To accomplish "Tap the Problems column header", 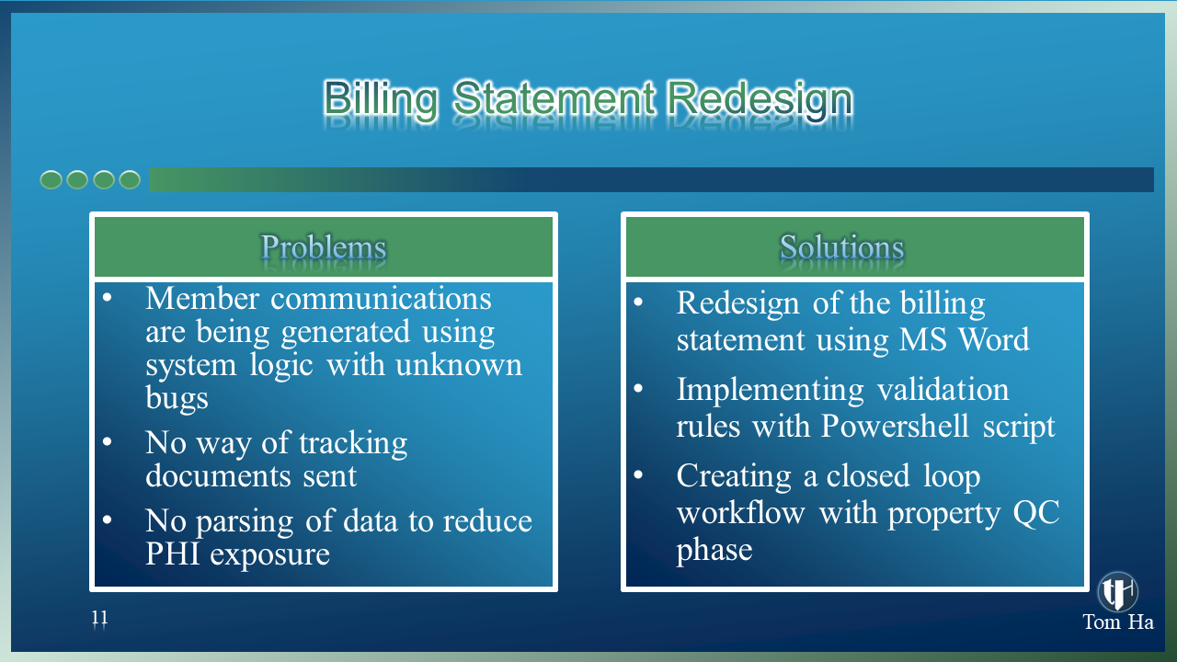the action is (x=324, y=247).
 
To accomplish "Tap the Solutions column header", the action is (x=841, y=247).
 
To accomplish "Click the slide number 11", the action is (x=100, y=617).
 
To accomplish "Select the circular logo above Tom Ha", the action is (x=1117, y=591).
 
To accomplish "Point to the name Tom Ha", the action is (x=1118, y=622).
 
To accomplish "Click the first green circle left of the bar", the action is (x=51, y=179).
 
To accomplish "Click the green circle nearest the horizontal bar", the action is (x=130, y=179).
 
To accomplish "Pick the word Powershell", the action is (x=895, y=426).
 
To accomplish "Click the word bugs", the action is (x=177, y=399).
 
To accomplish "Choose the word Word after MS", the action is (x=994, y=339).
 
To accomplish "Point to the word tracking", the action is (x=353, y=444).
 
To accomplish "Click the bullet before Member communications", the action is (x=108, y=297).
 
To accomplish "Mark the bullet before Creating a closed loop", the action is (x=638, y=474).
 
